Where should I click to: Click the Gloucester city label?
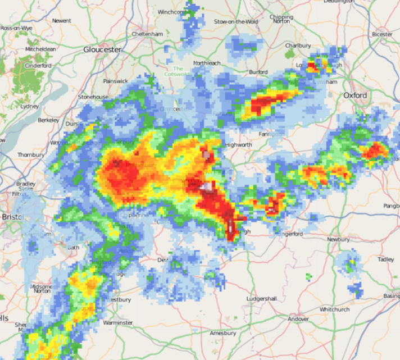102,49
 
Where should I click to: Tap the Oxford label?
355,95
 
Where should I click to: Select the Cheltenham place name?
147,34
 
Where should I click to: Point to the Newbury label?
338,239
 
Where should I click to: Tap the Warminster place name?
118,323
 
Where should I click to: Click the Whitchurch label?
334,309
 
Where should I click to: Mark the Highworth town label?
238,144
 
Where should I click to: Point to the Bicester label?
382,34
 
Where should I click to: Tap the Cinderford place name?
38,66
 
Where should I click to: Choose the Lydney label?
29,106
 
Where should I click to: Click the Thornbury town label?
30,154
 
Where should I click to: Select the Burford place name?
258,72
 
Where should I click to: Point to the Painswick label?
115,81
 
